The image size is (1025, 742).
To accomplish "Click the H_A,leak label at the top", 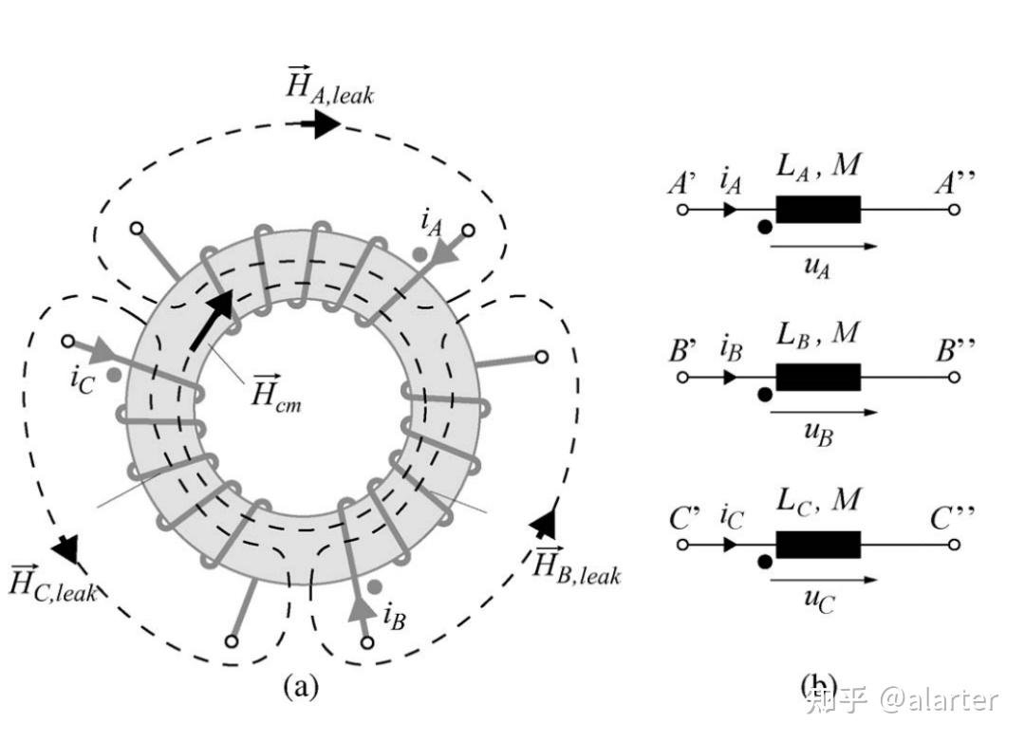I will (329, 85).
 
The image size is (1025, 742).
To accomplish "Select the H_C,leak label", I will (53, 582).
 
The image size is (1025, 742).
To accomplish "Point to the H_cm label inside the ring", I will (276, 390).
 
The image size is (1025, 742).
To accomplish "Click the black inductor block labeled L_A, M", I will (818, 210).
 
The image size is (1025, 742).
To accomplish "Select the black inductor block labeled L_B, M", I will (818, 377).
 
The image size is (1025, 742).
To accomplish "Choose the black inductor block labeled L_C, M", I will (818, 545).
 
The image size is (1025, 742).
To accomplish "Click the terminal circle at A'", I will (681, 210).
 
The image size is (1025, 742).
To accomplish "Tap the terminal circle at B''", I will (954, 377).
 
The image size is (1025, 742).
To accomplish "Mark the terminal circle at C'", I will (681, 545).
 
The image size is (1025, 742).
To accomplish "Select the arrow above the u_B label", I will (823, 413).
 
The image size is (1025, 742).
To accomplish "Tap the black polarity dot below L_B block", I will (764, 395).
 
